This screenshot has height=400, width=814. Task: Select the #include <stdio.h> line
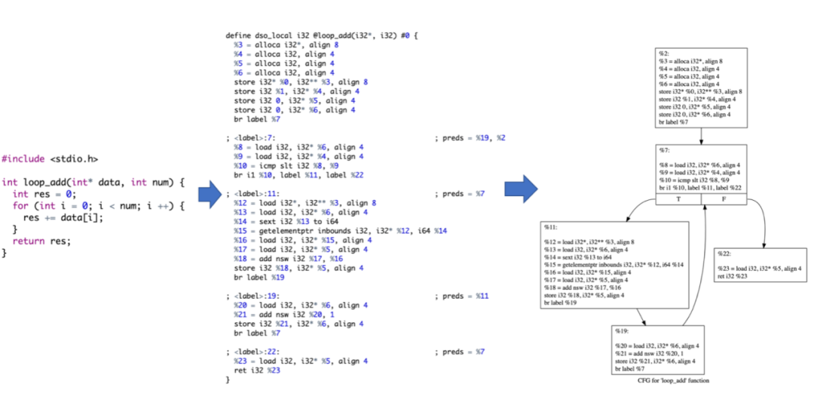coord(49,158)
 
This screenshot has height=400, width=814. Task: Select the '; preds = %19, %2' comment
coord(470,138)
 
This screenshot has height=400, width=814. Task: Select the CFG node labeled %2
coord(702,88)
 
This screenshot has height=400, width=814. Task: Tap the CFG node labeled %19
coord(658,351)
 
